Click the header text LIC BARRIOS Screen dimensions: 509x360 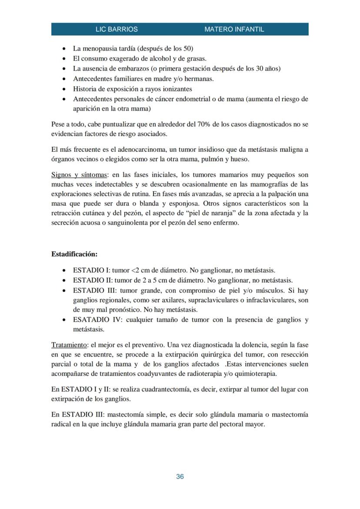[x=116, y=30]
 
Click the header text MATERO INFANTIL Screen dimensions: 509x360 [x=234, y=30]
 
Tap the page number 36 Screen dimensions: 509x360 [x=180, y=476]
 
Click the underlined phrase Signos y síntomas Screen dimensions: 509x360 [x=79, y=175]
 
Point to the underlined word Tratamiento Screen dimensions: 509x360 [x=69, y=345]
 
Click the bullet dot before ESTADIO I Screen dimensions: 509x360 [x=65, y=270]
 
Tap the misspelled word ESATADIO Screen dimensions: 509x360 [x=93, y=320]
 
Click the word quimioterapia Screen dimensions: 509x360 [x=255, y=373]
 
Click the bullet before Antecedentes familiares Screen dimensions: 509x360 [x=65, y=79]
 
